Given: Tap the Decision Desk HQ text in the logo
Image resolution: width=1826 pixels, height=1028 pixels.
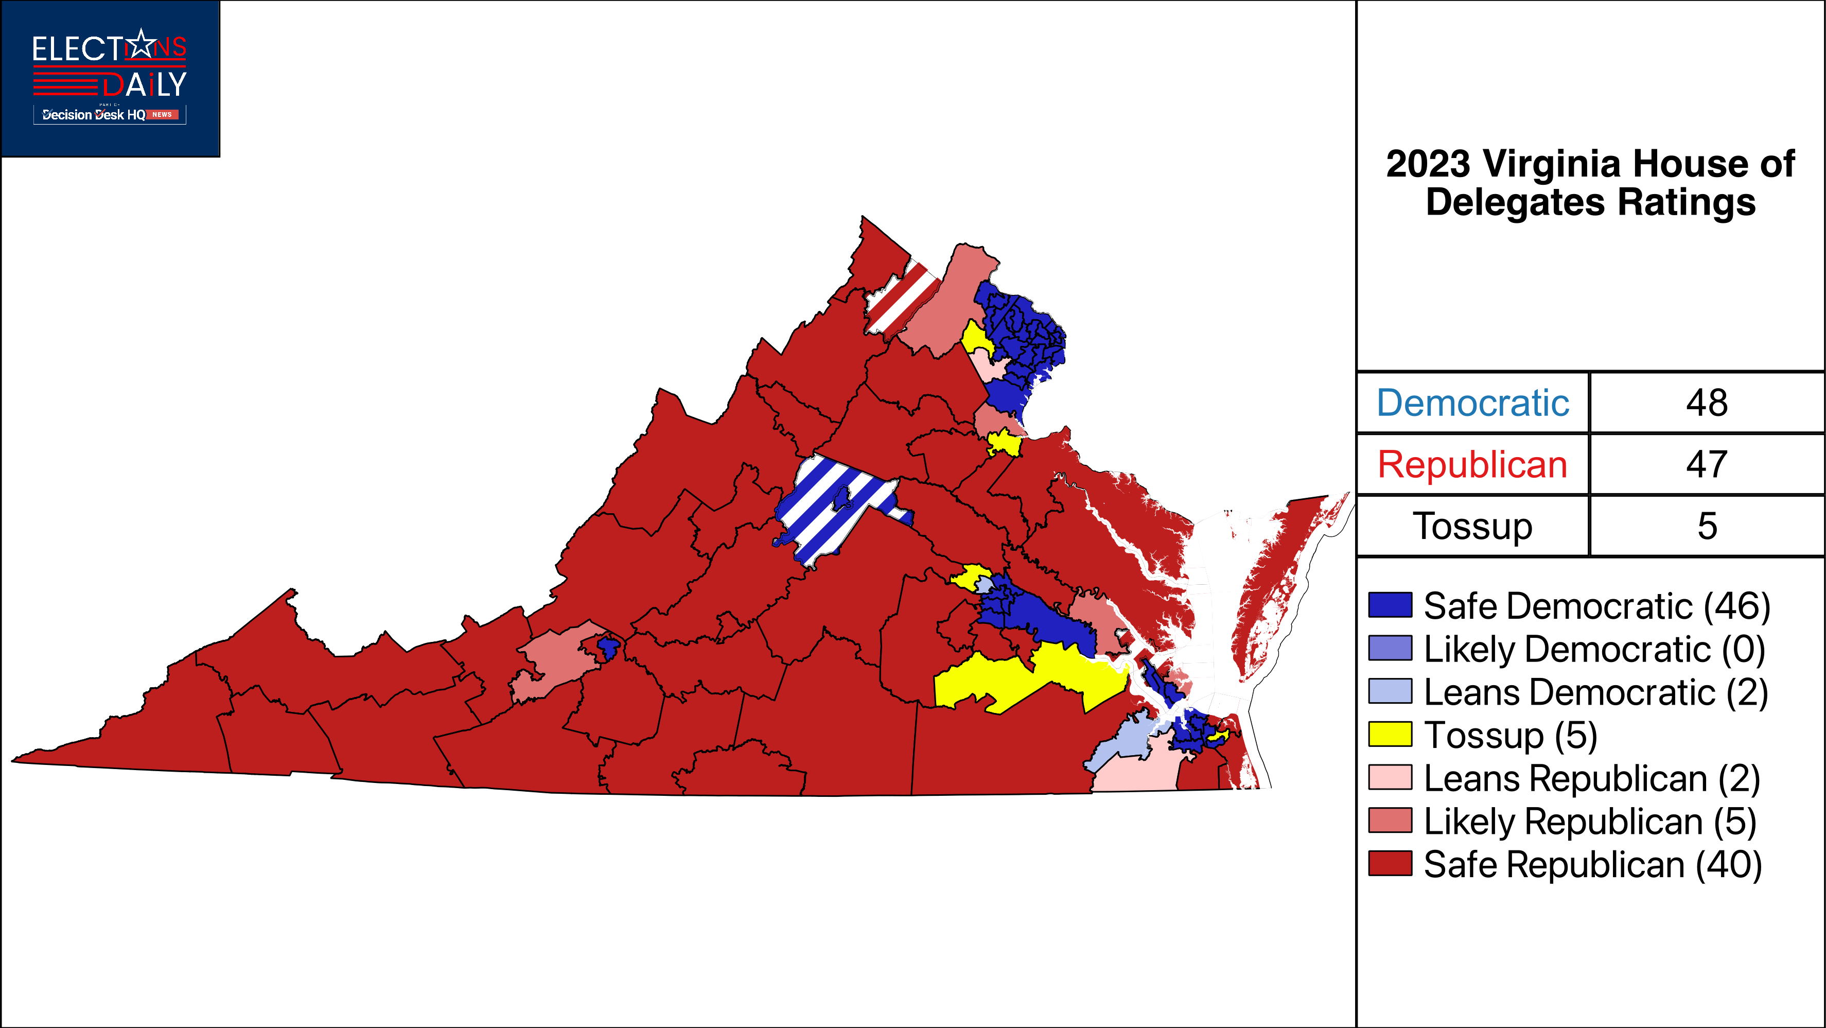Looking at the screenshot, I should click(x=94, y=115).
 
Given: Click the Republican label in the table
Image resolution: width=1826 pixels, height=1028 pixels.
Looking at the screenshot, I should click(x=1472, y=465).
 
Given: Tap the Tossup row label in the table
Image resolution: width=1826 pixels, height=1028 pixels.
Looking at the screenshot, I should click(x=1472, y=526).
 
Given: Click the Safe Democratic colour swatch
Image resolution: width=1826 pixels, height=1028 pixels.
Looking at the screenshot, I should click(x=1390, y=605).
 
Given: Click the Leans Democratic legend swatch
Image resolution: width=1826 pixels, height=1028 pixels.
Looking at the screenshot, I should click(x=1390, y=691).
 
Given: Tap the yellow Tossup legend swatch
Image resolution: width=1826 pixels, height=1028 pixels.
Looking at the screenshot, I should click(x=1390, y=735).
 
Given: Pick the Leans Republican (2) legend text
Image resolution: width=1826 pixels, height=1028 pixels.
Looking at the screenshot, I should click(x=1591, y=778).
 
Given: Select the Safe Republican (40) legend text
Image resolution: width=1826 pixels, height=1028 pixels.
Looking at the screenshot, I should click(x=1592, y=864).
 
